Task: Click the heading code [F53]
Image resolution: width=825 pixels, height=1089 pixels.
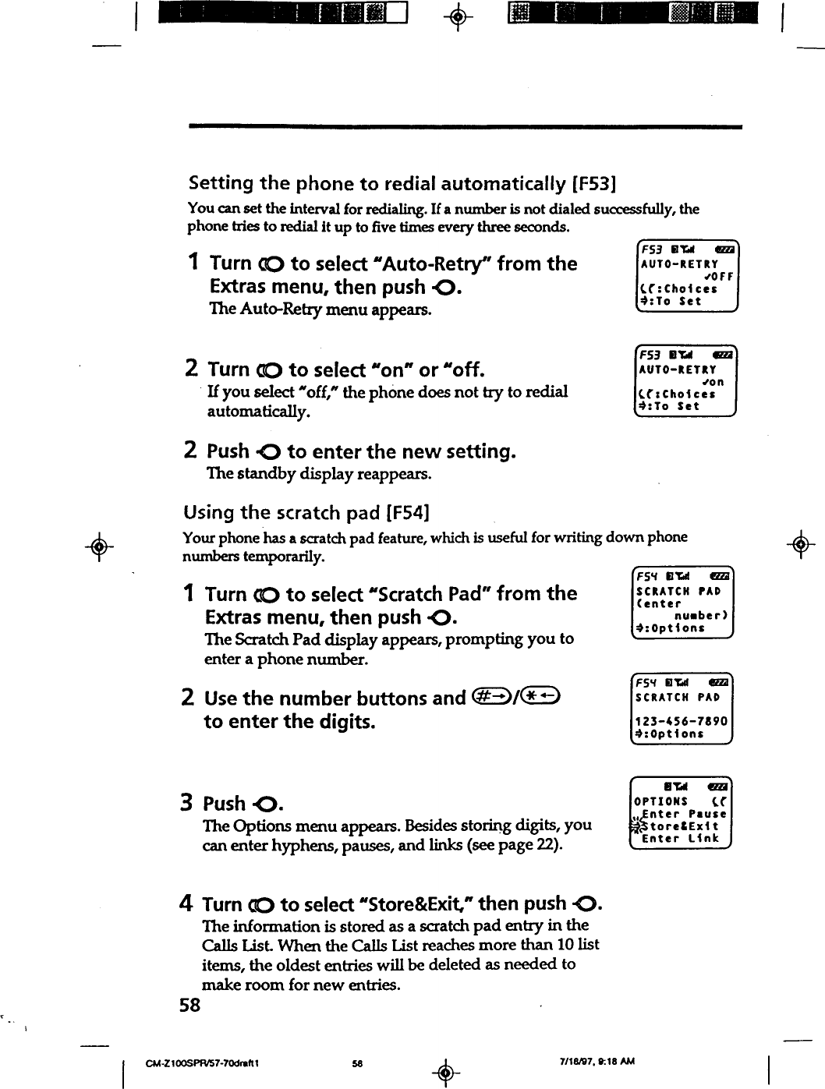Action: [x=595, y=184]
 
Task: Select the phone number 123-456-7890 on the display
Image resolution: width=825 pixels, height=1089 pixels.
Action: [x=682, y=721]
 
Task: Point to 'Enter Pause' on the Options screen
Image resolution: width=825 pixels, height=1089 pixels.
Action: [x=683, y=814]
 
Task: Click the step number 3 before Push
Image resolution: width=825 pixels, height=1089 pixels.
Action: [x=187, y=803]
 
